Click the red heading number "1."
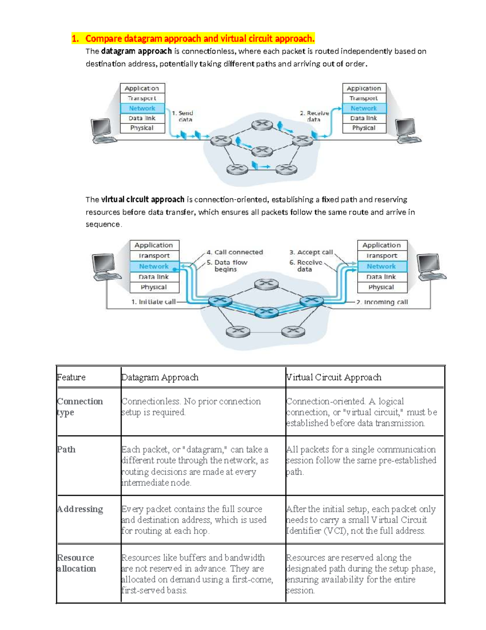pyautogui.click(x=75, y=39)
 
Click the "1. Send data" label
pyautogui.click(x=185, y=116)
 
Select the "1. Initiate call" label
pyautogui.click(x=153, y=302)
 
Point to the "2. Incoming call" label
pyautogui.click(x=382, y=302)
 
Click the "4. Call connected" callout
pyautogui.click(x=234, y=252)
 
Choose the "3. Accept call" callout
pyautogui.click(x=311, y=252)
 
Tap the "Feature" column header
pyautogui.click(x=71, y=377)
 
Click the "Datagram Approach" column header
pyautogui.click(x=160, y=377)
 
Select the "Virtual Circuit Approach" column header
pyautogui.click(x=334, y=377)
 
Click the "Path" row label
pyautogui.click(x=66, y=449)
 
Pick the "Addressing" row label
pyautogui.click(x=80, y=509)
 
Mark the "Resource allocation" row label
pyautogui.click(x=76, y=563)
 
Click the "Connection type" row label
pyautogui.click(x=80, y=406)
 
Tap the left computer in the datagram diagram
pyautogui.click(x=102, y=131)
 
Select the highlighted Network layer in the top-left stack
pyautogui.click(x=142, y=108)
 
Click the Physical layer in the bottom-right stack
pyautogui.click(x=381, y=287)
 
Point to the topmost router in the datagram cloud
pyautogui.click(x=262, y=125)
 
